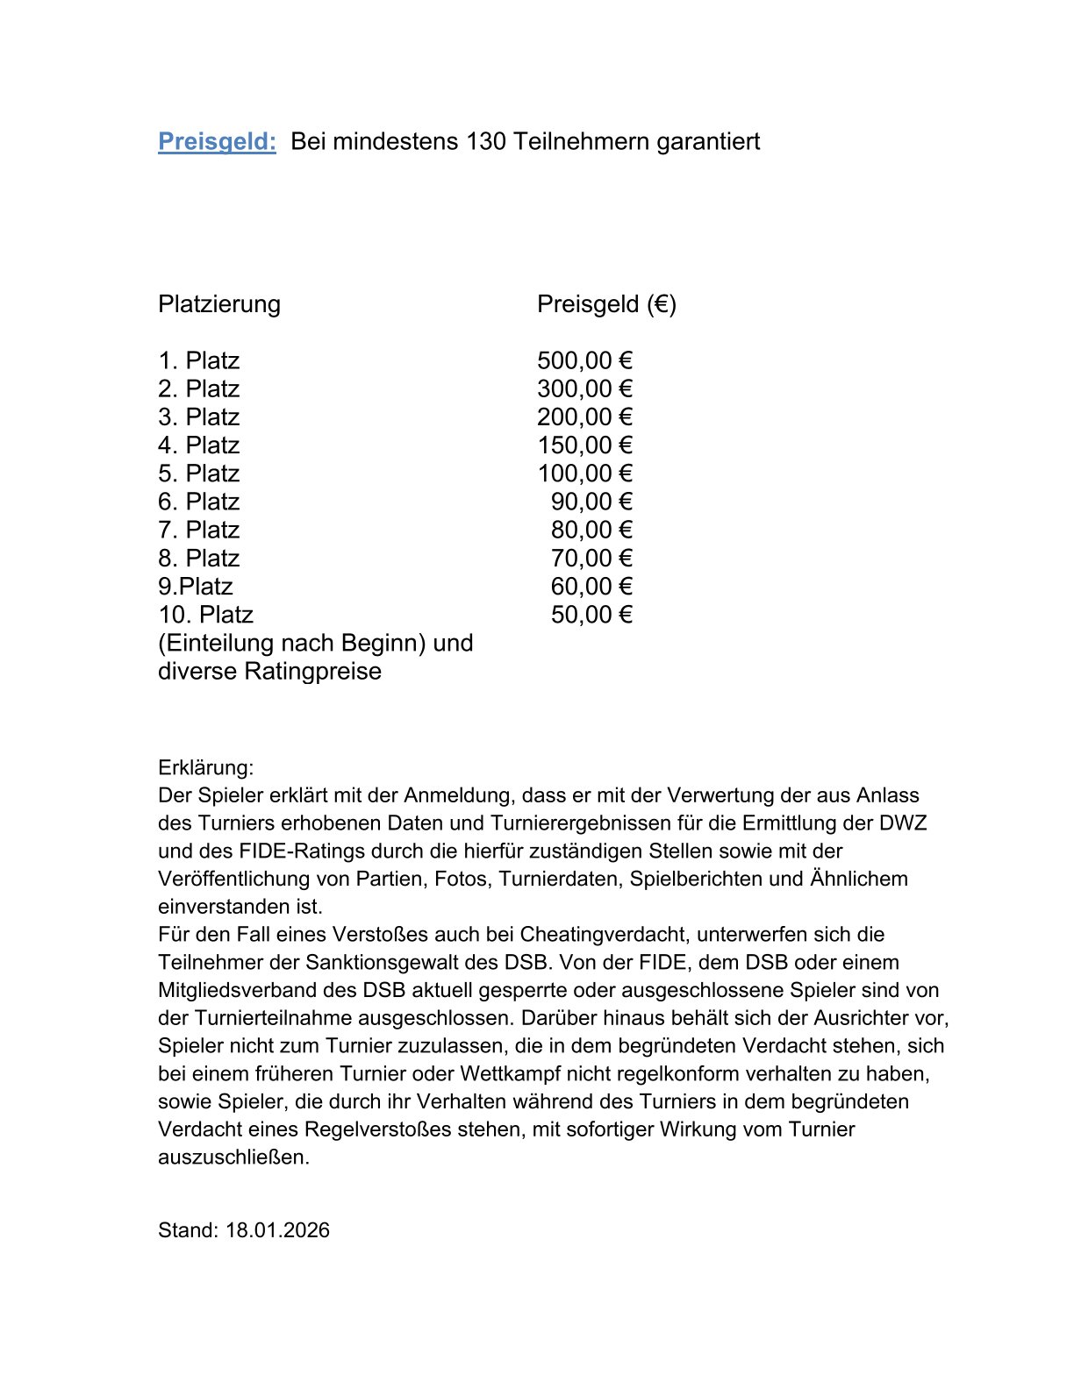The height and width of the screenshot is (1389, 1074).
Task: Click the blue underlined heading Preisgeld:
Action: [217, 141]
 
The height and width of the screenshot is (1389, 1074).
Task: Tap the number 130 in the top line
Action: [486, 141]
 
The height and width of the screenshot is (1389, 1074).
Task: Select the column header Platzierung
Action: [219, 304]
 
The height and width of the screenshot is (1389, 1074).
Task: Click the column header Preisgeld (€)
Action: [606, 304]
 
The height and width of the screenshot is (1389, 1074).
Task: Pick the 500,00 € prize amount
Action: [584, 360]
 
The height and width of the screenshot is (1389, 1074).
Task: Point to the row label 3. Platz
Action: [198, 417]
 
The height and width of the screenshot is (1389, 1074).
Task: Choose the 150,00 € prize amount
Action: [584, 445]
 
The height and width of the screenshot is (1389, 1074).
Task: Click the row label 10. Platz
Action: [205, 615]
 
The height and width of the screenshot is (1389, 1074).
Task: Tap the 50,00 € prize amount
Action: [591, 615]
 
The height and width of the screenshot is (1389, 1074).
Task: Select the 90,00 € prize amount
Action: [591, 502]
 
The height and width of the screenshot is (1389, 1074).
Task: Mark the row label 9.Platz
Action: [195, 587]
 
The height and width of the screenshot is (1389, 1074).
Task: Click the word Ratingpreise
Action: [313, 672]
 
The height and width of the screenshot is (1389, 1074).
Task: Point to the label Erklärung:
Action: [205, 768]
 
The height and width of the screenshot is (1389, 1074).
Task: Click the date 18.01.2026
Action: [277, 1230]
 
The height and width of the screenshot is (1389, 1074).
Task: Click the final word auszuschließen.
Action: [233, 1157]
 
